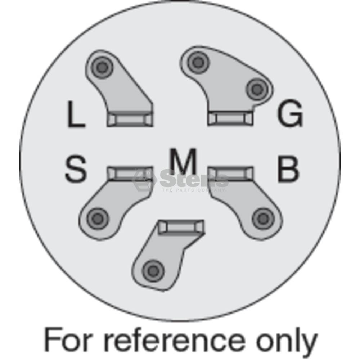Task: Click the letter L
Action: click(76, 114)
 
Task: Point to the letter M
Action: click(183, 161)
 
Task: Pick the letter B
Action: click(288, 169)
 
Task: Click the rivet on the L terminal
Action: click(102, 67)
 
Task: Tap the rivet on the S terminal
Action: click(98, 219)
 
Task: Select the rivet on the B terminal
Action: click(263, 219)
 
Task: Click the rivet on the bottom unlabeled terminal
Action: click(153, 271)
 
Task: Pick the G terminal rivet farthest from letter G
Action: click(198, 62)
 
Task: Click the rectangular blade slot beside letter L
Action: click(130, 118)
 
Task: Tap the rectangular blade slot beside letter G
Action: click(230, 118)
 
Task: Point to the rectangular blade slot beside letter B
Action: click(230, 174)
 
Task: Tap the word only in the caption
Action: click(287, 342)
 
